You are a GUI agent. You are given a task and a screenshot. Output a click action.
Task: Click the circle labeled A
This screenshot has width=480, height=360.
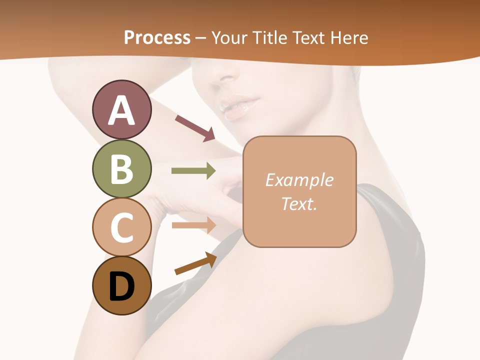(121, 109)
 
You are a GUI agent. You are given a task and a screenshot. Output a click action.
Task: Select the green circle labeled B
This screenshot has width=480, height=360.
(121, 168)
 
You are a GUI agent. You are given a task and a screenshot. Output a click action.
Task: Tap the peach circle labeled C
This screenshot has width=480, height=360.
(121, 227)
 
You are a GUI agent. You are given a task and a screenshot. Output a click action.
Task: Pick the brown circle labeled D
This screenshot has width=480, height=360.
(121, 285)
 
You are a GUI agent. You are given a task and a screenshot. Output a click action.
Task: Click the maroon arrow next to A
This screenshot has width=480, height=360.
(194, 127)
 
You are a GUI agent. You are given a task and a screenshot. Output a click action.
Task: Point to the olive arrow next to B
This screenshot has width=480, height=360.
(193, 171)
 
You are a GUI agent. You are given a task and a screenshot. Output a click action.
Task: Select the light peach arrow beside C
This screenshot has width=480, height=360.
(193, 225)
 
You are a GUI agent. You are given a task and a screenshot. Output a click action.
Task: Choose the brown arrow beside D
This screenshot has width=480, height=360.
(195, 264)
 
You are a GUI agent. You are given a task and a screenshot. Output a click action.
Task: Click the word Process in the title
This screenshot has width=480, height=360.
(157, 37)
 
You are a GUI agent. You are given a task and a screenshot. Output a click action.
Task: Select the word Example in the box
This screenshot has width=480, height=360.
(299, 180)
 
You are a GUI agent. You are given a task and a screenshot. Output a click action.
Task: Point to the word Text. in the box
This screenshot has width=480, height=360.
(299, 203)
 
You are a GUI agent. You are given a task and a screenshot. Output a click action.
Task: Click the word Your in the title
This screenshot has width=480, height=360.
(229, 37)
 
